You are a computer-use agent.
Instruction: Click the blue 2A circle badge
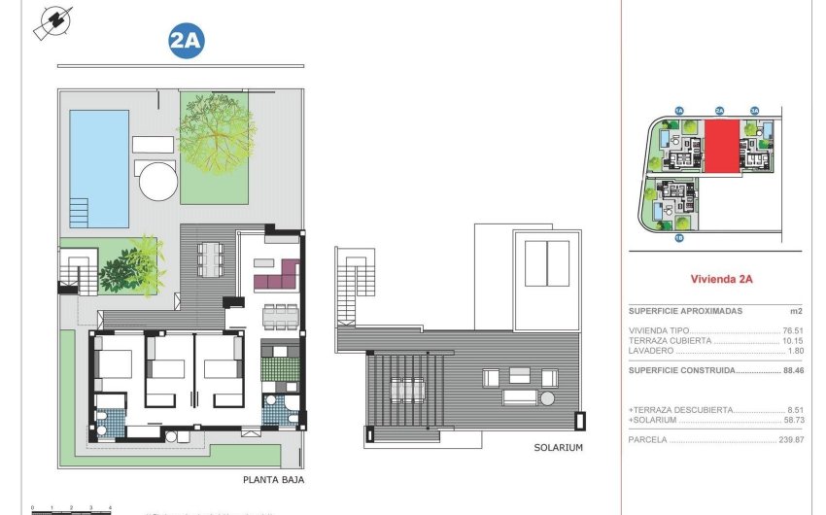[x=187, y=42]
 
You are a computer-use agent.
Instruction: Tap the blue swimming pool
[x=99, y=167]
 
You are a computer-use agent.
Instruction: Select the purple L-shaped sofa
[x=276, y=277]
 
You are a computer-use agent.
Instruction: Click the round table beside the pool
[x=156, y=181]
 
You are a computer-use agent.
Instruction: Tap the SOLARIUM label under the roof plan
[x=558, y=448]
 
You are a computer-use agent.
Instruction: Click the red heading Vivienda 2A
[x=722, y=278]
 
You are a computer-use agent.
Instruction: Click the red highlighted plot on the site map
[x=721, y=147]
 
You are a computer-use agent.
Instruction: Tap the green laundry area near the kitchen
[x=285, y=369]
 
